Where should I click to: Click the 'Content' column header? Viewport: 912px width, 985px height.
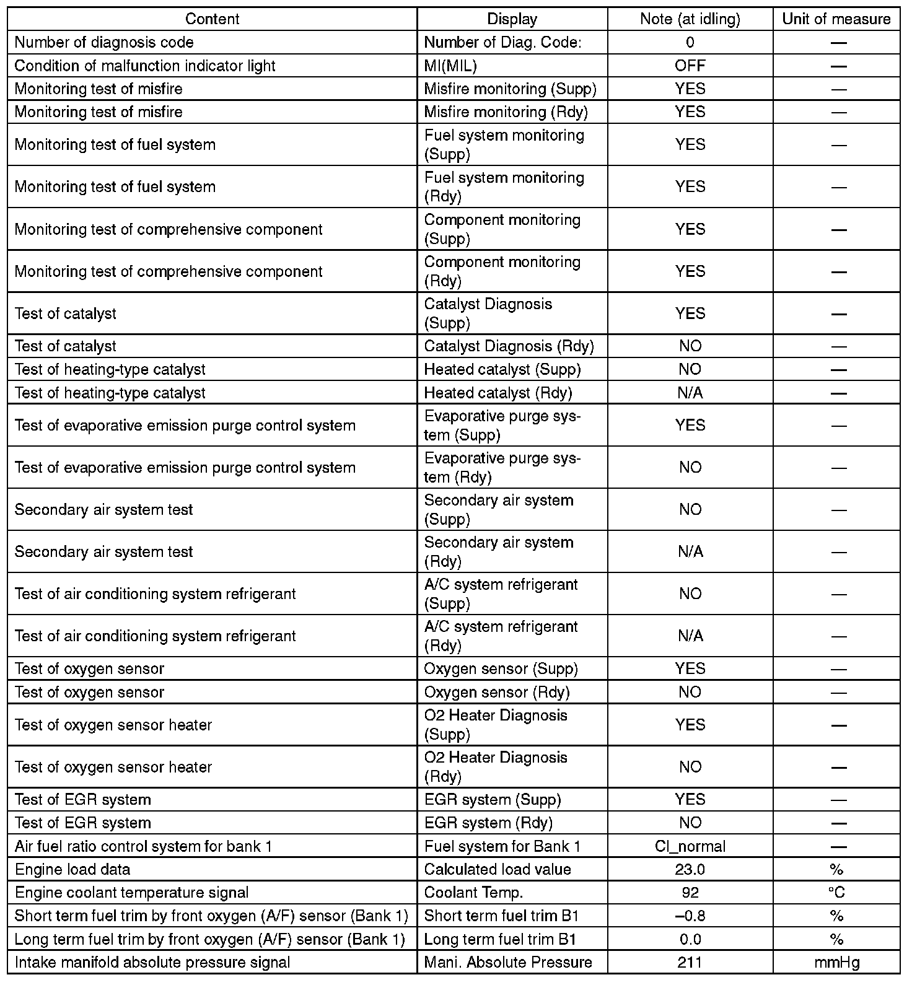pos(212,19)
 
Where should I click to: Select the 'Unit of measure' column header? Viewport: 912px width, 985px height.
pos(836,19)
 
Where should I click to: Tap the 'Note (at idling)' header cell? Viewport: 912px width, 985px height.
pos(690,19)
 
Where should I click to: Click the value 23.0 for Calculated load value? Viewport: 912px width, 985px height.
pos(690,869)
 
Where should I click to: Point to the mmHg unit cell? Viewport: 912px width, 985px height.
pos(836,962)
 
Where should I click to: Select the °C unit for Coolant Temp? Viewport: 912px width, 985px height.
pos(836,893)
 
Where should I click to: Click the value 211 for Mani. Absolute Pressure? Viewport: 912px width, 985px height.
pos(690,962)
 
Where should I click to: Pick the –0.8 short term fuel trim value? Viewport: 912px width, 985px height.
pos(690,916)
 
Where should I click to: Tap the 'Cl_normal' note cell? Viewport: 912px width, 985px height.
pos(690,846)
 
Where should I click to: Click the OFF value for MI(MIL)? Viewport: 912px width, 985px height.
pos(690,66)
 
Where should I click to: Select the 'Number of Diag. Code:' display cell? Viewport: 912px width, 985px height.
pos(502,42)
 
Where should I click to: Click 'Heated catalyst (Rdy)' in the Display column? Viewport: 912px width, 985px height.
pos(498,393)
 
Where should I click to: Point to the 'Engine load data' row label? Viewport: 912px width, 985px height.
pos(72,869)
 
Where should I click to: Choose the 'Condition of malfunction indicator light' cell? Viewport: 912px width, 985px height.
pos(145,66)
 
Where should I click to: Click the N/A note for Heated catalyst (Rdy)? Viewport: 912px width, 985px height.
pos(690,393)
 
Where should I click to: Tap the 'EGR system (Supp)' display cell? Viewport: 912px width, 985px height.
pos(493,800)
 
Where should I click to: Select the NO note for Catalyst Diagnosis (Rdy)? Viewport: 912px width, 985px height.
pos(690,346)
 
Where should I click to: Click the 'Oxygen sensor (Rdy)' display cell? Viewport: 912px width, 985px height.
pos(497,692)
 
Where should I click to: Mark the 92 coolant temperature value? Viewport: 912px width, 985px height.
pos(690,893)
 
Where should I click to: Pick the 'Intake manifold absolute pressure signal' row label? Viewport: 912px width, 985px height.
pos(152,962)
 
